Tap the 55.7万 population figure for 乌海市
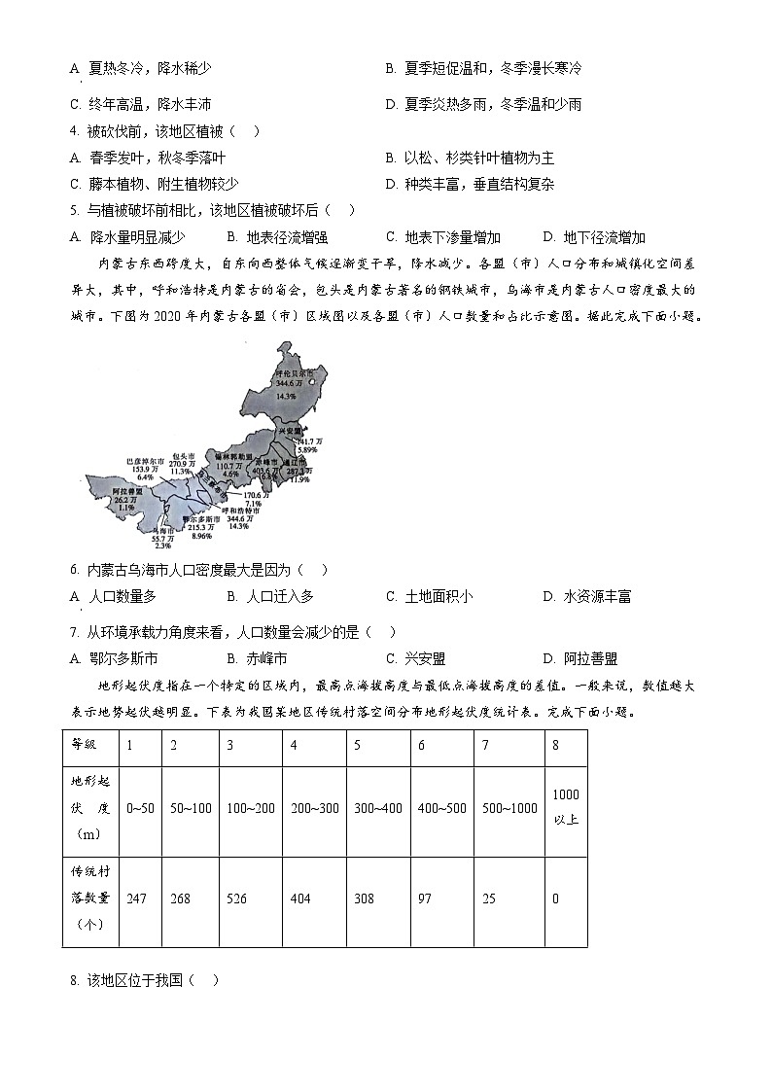(x=162, y=537)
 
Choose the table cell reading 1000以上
(x=566, y=806)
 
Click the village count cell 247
(x=136, y=898)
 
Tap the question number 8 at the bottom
(x=74, y=979)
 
